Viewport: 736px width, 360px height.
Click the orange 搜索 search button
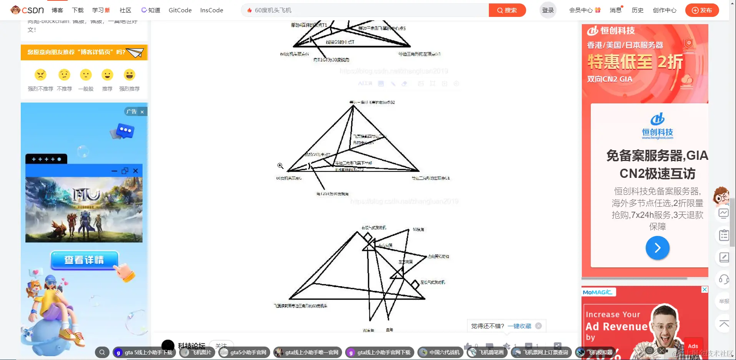507,10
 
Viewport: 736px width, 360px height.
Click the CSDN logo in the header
27,10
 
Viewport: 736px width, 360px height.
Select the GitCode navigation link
180,10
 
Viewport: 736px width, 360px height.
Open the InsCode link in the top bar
211,10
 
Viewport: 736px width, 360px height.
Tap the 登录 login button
548,10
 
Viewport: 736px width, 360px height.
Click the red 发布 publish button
702,10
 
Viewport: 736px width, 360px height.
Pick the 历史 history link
637,10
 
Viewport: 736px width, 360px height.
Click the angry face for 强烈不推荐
40,75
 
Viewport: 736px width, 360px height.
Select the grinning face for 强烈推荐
130,75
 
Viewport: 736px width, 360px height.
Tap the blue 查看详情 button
84,260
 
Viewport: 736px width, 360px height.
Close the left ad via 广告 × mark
142,112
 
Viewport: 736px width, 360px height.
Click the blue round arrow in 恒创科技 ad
657,248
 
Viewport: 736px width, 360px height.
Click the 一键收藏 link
519,326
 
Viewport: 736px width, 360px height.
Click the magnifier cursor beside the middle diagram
280,166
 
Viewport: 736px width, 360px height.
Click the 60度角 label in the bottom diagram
418,229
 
